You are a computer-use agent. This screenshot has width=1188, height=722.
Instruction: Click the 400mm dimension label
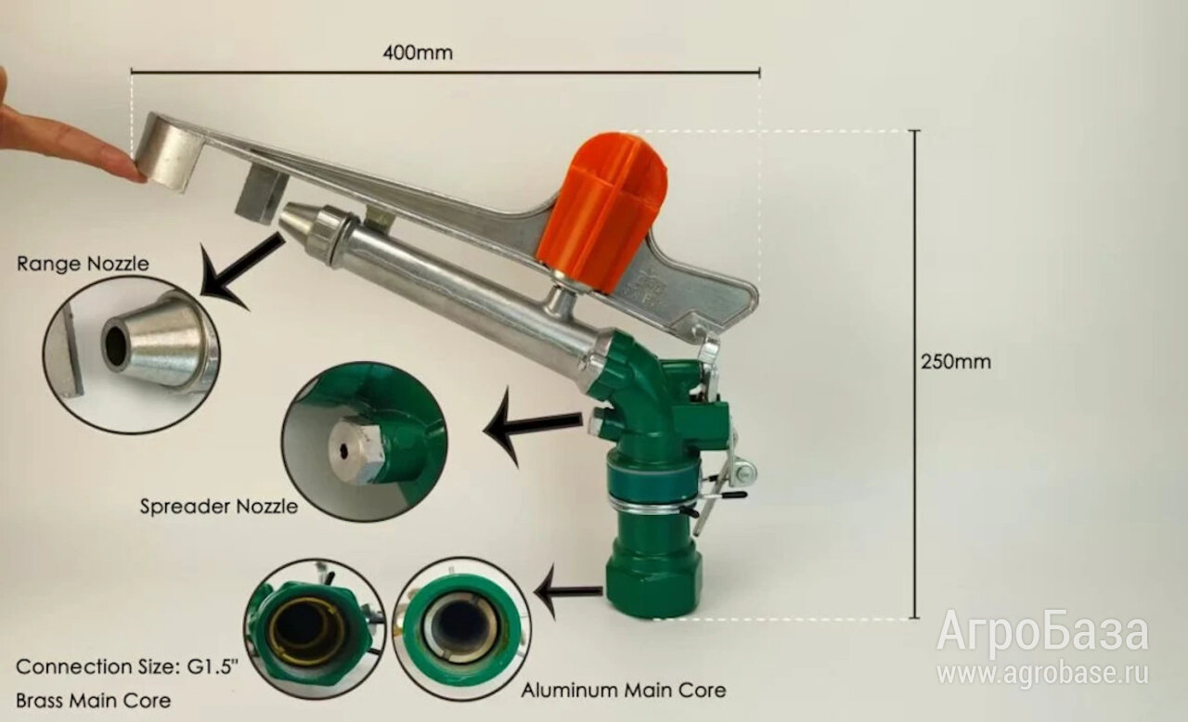pos(418,53)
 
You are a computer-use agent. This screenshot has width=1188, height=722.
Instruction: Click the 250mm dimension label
pos(956,362)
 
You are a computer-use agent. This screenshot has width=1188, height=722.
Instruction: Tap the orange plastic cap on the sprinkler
pos(603,212)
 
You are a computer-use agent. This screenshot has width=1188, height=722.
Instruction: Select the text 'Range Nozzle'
pos(84,264)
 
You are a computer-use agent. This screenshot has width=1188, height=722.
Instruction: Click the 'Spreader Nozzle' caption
pos(219,507)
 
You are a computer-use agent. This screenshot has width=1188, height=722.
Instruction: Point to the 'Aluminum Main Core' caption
pos(623,690)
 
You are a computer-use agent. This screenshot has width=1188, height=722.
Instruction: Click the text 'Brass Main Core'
pos(94,701)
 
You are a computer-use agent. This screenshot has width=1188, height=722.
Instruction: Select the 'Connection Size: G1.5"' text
pos(126,667)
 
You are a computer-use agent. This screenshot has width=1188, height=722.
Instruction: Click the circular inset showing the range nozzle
pos(132,355)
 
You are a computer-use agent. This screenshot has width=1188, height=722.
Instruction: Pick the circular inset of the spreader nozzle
pos(365,442)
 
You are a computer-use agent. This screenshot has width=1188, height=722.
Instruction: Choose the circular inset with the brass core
pos(315,631)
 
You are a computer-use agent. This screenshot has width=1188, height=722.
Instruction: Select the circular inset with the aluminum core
pos(461,628)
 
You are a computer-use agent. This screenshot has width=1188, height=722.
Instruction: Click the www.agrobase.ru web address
pos(1042,673)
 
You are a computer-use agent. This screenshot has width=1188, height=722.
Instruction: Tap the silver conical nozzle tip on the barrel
pos(298,220)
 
